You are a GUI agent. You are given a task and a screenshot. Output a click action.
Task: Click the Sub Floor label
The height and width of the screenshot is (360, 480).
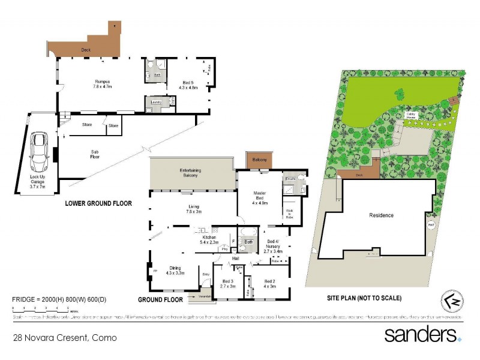pyautogui.click(x=94, y=154)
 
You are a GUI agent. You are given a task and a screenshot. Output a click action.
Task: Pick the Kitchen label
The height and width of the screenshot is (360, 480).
pyautogui.click(x=209, y=240)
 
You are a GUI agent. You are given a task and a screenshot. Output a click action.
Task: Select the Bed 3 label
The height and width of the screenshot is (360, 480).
pyautogui.click(x=227, y=284)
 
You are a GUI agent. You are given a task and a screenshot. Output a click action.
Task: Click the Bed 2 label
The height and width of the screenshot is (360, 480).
pyautogui.click(x=269, y=284)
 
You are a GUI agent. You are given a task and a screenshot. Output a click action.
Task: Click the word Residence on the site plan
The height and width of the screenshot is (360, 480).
pyautogui.click(x=381, y=215)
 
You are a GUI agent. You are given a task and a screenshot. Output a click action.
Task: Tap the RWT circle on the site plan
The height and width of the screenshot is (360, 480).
pyautogui.click(x=431, y=226)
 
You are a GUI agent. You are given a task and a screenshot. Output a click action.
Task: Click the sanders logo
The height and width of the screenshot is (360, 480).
pyautogui.click(x=422, y=334)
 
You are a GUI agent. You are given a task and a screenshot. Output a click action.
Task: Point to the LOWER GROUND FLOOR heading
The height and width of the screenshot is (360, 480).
pyautogui.click(x=98, y=203)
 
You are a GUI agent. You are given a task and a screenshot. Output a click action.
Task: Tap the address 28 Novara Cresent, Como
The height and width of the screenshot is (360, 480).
pyautogui.click(x=65, y=338)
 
